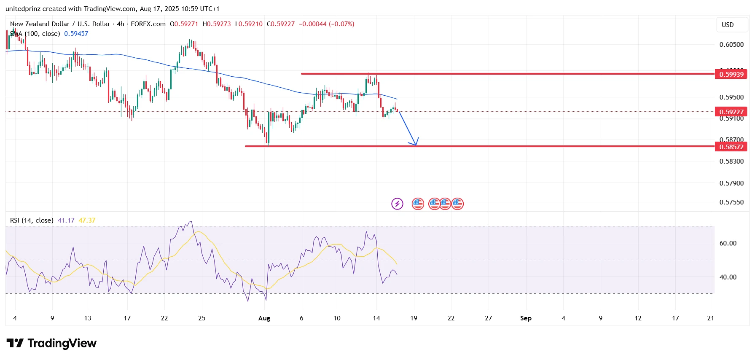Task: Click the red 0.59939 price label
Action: coord(731,74)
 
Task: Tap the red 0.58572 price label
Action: coord(731,147)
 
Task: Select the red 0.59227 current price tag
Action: coord(731,112)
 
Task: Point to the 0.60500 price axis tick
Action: coord(731,44)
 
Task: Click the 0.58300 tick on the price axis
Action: coord(731,161)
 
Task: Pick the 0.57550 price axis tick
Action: coord(731,202)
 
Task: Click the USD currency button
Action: coord(728,24)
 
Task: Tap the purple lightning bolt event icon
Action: coord(397,204)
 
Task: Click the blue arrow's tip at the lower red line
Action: coord(416,145)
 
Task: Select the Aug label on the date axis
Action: coord(264,318)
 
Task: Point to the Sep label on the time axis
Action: coord(526,318)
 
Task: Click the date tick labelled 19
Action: coord(414,318)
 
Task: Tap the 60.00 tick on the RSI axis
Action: coord(728,243)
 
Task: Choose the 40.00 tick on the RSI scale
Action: coord(728,277)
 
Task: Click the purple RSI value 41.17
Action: coord(66,220)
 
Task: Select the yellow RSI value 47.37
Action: coord(87,220)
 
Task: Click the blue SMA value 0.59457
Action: coord(76,34)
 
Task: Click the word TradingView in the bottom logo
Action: coord(62,344)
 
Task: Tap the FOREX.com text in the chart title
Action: coord(148,24)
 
